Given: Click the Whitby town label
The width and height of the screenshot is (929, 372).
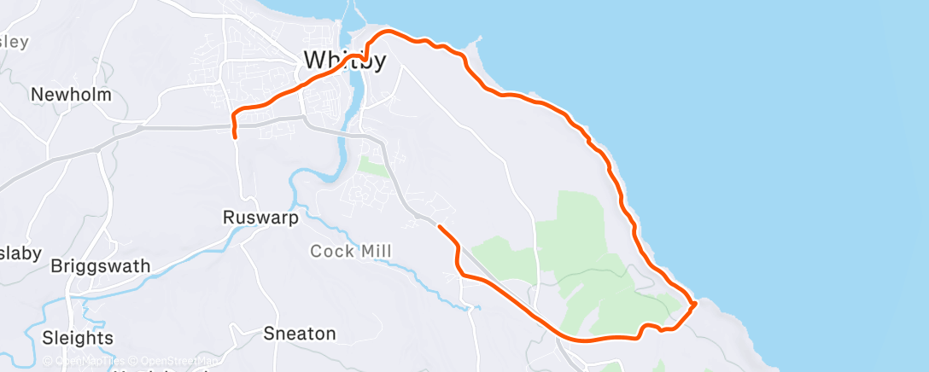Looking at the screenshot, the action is pos(345,61).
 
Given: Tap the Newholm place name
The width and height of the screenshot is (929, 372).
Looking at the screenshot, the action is pos(71,95).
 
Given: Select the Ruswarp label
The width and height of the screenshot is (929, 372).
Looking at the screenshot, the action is pos(260,218).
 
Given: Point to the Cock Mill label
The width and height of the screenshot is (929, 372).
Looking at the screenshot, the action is pos(351,251).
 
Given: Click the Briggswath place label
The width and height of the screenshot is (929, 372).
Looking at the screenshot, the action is pos(101,266).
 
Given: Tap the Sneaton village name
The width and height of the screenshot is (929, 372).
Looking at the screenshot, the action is pos(299,333).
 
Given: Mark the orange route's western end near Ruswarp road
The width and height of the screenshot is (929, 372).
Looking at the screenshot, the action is pos(234,136).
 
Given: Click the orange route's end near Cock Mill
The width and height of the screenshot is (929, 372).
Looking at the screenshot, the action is pos(438,226).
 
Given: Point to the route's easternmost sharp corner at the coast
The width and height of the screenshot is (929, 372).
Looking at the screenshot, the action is pos(696,303).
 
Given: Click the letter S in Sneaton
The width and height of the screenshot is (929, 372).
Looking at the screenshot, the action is pos(268,333).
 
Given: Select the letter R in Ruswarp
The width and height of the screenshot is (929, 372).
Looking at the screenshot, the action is pos(228,218).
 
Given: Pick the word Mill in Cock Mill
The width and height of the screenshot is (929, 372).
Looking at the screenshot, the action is pos(374,251).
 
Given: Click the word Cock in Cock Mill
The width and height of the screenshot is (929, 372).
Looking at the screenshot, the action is pos(328,251).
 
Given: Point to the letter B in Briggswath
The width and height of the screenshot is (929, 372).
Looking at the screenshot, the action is pos(56,266).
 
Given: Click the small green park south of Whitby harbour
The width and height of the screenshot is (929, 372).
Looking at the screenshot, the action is pos(372,166).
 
